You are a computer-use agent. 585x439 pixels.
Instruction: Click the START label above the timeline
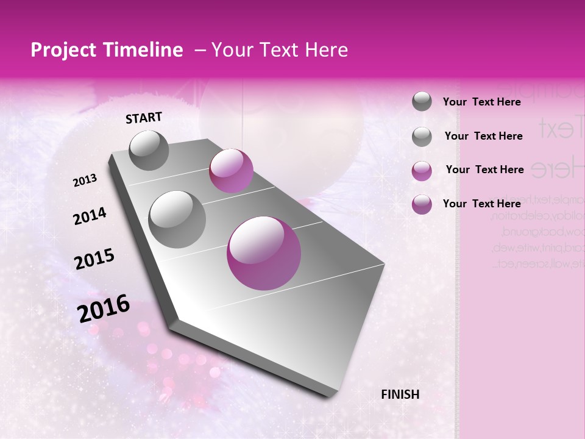point(144,118)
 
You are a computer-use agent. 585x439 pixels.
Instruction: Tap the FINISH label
point(400,394)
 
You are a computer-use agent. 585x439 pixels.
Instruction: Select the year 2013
point(85,180)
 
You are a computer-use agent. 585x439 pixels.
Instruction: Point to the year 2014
point(90,216)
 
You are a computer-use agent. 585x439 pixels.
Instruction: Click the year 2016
point(104,308)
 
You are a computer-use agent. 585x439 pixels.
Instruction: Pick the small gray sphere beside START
point(149,150)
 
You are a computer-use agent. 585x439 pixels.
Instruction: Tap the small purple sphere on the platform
point(231,171)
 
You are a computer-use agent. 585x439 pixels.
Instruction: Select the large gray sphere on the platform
point(177,219)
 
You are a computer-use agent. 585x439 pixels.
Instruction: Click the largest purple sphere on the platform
point(264,253)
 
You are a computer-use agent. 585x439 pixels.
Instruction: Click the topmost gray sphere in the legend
point(422,101)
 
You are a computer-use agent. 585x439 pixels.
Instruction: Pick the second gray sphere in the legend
point(422,137)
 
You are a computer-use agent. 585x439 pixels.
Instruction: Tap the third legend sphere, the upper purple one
point(422,171)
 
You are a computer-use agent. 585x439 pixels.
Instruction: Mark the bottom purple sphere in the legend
point(422,204)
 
